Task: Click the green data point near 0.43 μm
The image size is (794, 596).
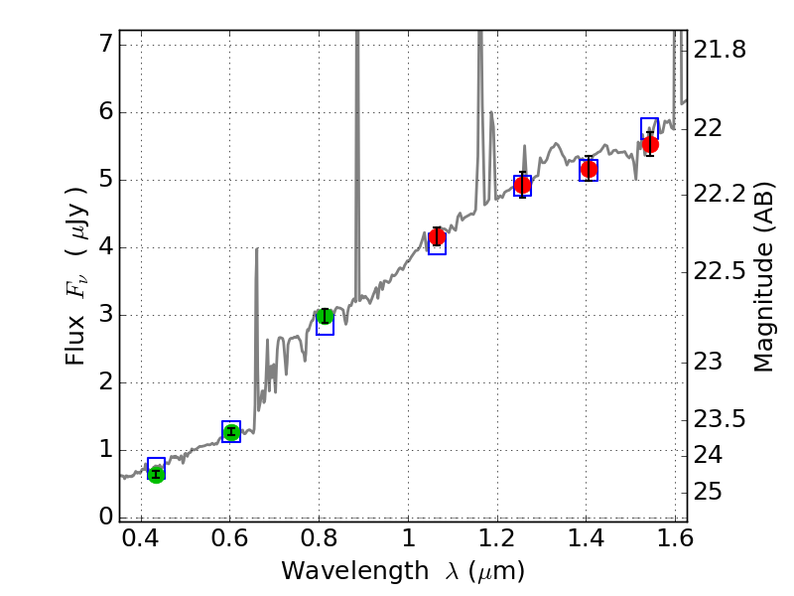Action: pyautogui.click(x=156, y=474)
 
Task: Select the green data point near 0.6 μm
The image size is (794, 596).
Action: pyautogui.click(x=231, y=432)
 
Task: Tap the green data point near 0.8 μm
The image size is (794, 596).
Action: pyautogui.click(x=325, y=317)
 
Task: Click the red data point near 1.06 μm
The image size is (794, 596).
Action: pyautogui.click(x=437, y=236)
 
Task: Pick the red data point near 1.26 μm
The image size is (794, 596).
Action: pyautogui.click(x=523, y=185)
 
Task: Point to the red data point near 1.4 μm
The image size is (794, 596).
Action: pyautogui.click(x=589, y=169)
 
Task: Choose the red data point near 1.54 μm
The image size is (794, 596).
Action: pyautogui.click(x=650, y=144)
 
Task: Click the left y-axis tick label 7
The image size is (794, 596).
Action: pyautogui.click(x=103, y=45)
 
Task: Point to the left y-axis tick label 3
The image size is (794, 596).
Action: pyautogui.click(x=103, y=315)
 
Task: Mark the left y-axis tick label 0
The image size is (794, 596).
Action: pyautogui.click(x=103, y=517)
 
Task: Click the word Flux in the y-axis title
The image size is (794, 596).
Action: pyautogui.click(x=76, y=343)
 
